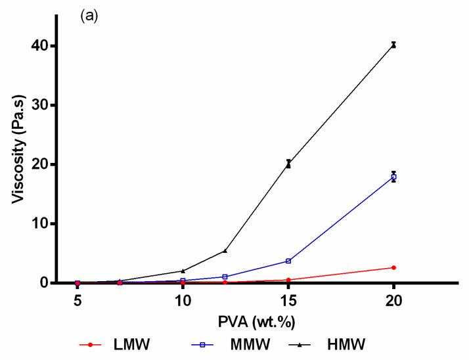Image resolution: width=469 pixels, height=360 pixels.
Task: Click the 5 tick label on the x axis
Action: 78,300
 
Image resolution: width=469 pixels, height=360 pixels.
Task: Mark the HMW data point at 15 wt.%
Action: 288,164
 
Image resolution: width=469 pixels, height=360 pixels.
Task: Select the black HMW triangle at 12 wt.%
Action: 225,250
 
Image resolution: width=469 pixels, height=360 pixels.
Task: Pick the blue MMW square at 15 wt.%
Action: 288,261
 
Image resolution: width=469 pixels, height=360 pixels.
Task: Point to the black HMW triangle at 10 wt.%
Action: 183,271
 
